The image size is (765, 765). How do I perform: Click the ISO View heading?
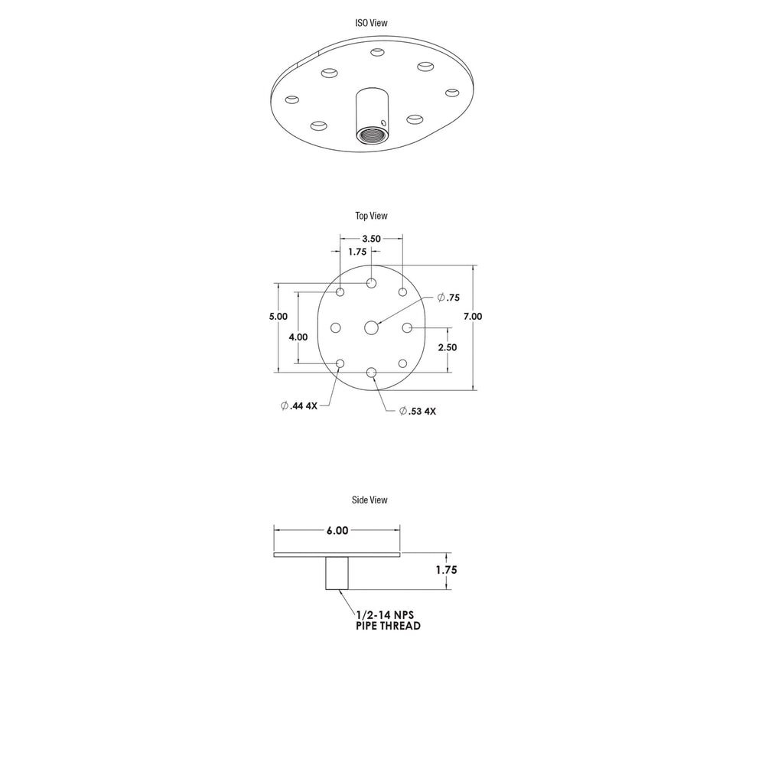coord(371,23)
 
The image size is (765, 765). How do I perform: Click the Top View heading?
coord(371,216)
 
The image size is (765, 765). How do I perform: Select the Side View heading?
coord(369,500)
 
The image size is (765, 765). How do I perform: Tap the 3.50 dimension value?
coord(371,239)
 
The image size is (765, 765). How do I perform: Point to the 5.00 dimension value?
coord(278,316)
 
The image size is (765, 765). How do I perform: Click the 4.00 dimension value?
coord(298,337)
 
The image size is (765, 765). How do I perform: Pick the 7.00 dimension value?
coord(473,316)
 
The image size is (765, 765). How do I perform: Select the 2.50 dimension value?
coord(448,347)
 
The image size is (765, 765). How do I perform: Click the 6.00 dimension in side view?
coord(337,531)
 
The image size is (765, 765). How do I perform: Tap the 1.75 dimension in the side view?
coord(447,570)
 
